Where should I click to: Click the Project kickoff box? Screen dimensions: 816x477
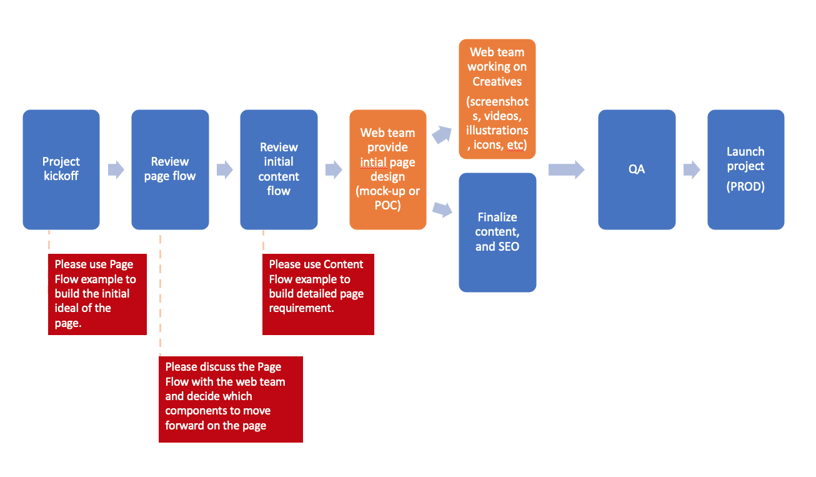tap(61, 169)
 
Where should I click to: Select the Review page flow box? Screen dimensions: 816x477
tap(170, 169)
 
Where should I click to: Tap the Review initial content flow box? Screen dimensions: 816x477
tap(279, 169)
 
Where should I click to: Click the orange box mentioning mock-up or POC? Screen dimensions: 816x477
tap(388, 169)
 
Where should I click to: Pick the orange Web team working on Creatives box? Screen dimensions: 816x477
tap(497, 99)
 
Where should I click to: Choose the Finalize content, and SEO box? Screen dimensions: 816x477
tap(497, 233)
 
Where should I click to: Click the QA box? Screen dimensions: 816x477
tap(637, 169)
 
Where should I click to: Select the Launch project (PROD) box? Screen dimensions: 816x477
tap(745, 169)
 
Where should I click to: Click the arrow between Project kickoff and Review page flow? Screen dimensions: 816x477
tap(116, 169)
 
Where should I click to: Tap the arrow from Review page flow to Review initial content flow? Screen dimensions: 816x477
tap(225, 169)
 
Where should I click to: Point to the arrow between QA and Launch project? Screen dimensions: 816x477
tap(692, 169)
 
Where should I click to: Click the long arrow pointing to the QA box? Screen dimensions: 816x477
tap(567, 169)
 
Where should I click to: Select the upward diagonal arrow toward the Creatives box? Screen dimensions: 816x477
tap(442, 134)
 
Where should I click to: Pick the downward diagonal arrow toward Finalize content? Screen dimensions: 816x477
tap(442, 209)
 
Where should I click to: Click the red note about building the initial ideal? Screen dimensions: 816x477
tap(97, 294)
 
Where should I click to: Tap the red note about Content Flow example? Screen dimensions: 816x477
tap(318, 294)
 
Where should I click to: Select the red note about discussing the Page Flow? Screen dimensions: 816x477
tap(231, 399)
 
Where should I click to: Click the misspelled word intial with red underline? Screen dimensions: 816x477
tap(374, 162)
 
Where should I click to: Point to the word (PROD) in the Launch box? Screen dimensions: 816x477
tap(745, 186)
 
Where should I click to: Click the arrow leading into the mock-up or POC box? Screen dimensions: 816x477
tap(334, 169)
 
